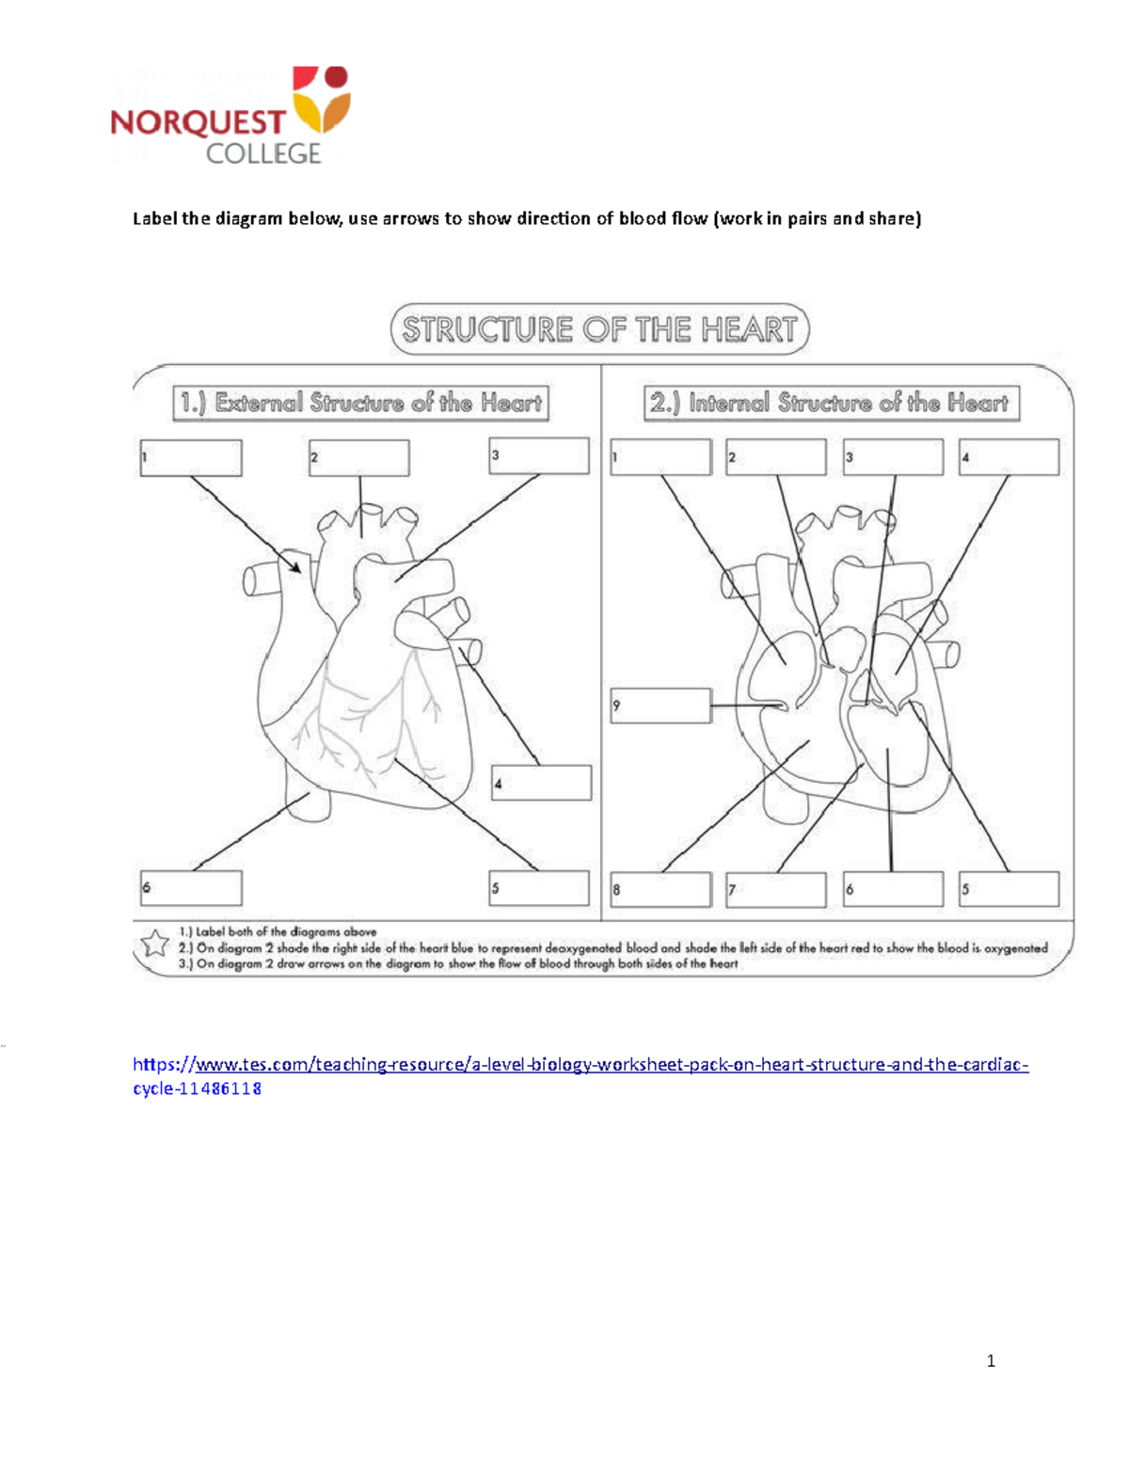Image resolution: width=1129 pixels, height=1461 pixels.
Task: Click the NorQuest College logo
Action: (x=231, y=116)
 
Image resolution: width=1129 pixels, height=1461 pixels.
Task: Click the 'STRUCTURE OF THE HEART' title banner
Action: (x=599, y=329)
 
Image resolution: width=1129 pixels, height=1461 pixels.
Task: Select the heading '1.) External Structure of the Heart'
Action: (x=360, y=403)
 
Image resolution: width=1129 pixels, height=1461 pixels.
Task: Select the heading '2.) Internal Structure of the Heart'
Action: (x=831, y=403)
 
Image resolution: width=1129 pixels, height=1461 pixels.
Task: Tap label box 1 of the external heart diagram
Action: (x=191, y=458)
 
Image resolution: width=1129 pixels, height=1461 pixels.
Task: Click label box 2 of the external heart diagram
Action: (x=359, y=458)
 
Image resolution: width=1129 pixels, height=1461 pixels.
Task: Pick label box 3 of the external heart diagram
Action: (x=539, y=455)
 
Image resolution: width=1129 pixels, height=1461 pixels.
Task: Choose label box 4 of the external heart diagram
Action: (x=541, y=783)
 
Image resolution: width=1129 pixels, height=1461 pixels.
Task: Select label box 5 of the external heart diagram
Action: (x=539, y=888)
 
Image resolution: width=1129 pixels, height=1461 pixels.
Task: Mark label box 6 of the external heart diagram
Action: (x=191, y=888)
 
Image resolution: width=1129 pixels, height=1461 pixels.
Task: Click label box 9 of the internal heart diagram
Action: (x=660, y=706)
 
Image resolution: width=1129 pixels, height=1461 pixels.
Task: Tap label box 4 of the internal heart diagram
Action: (x=1009, y=457)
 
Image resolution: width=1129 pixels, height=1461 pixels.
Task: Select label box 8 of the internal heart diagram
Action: (x=660, y=889)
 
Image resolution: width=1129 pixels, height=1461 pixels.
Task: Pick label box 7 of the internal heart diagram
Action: (x=776, y=889)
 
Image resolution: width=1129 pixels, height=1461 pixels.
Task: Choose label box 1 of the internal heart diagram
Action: (x=660, y=457)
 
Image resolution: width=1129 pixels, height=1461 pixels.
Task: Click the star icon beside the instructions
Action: (x=154, y=944)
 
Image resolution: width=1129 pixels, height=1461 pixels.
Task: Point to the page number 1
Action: (x=991, y=1360)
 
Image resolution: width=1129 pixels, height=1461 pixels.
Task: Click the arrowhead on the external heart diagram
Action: (x=295, y=567)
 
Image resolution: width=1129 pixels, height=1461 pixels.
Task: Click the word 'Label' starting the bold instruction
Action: (x=154, y=219)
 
